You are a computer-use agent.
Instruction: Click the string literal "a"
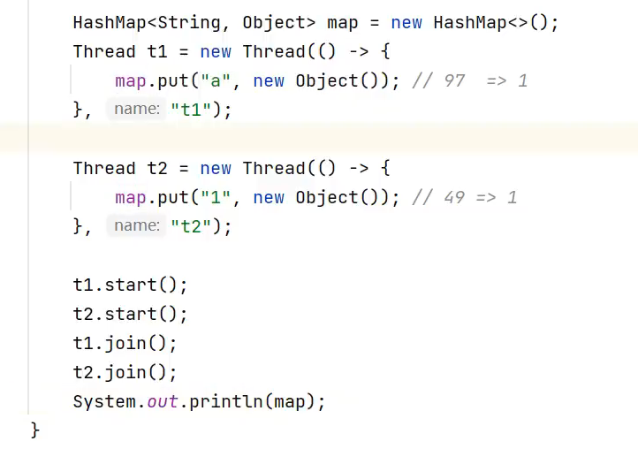(x=211, y=80)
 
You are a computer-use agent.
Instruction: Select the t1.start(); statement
(x=130, y=285)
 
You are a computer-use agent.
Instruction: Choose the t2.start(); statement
(x=130, y=314)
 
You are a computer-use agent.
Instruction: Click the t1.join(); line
(x=125, y=343)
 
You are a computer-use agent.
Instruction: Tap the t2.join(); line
(x=125, y=372)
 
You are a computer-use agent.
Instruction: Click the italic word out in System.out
(x=163, y=401)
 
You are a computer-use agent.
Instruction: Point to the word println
(x=225, y=401)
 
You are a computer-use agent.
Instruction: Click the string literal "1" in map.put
(x=211, y=197)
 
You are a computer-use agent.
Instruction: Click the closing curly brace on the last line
(x=35, y=430)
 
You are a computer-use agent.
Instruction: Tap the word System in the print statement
(x=104, y=401)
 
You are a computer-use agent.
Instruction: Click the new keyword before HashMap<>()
(x=406, y=22)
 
